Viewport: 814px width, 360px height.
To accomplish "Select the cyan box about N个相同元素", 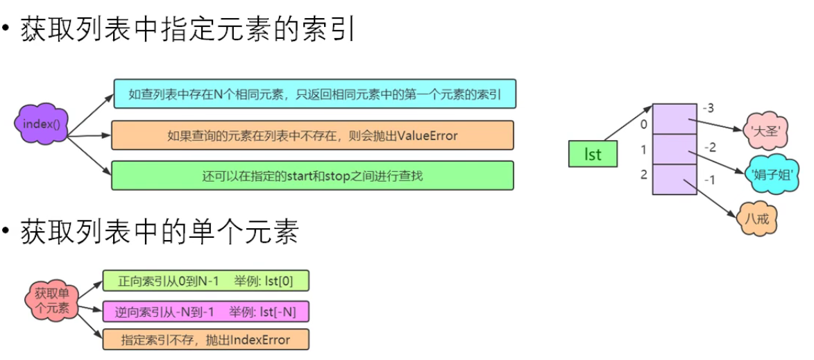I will [x=314, y=93].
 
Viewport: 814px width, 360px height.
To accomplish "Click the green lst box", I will [x=592, y=154].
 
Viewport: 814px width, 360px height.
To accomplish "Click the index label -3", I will [x=708, y=109].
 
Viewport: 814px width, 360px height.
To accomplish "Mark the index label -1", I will [x=709, y=180].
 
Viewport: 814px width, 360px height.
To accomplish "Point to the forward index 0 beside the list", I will [x=643, y=124].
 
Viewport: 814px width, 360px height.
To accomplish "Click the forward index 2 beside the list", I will [x=643, y=175].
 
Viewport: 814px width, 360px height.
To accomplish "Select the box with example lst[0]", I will [x=205, y=281].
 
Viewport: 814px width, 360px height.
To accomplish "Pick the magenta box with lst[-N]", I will [x=205, y=312].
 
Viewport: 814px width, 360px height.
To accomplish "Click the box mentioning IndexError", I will [x=205, y=339].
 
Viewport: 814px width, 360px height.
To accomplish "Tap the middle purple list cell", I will [x=675, y=148].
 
